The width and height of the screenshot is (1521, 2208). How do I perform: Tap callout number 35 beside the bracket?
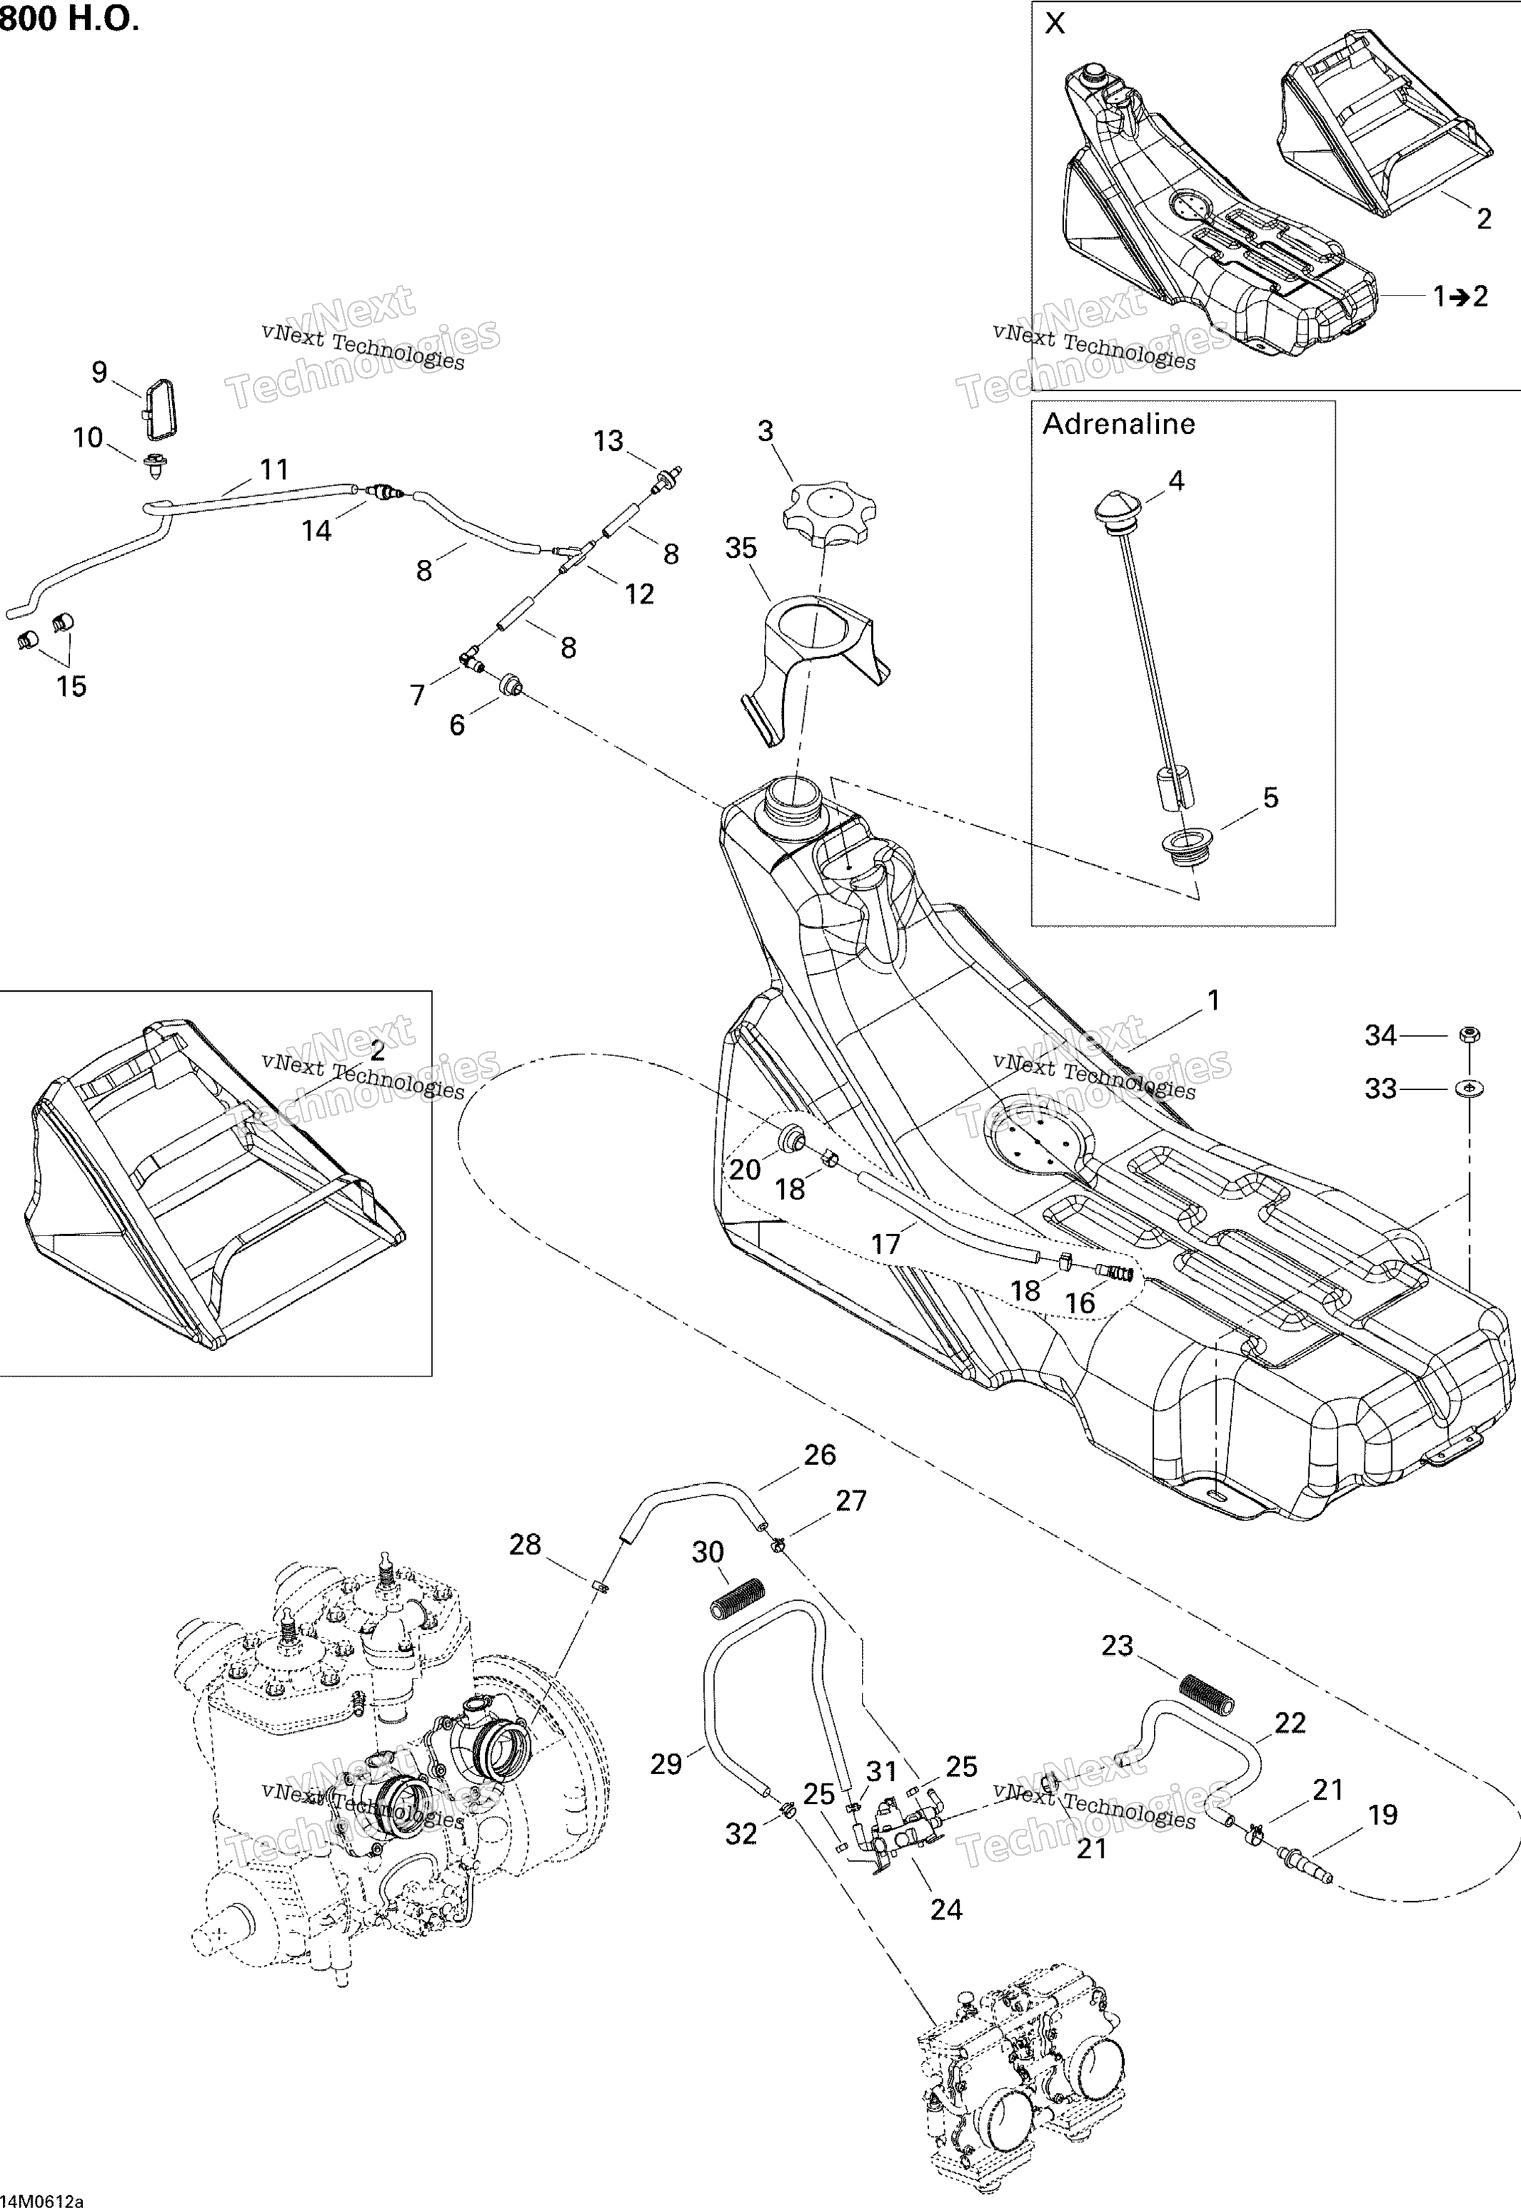tap(741, 548)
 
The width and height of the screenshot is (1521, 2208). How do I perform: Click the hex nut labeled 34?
tap(1469, 1034)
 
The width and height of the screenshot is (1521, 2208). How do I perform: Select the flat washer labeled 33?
tap(1469, 1087)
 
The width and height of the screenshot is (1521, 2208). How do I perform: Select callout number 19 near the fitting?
tap(1382, 1815)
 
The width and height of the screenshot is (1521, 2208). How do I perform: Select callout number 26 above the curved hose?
tap(819, 1455)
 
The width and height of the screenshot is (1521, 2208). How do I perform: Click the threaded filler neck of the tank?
tap(790, 802)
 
